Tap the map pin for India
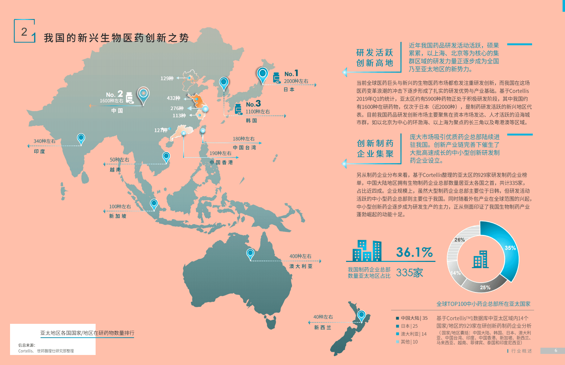[81, 138]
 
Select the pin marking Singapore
[154, 204]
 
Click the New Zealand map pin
[361, 316]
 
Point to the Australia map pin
[250, 254]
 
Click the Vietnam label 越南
[115, 170]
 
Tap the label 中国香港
[221, 162]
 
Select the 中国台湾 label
[244, 147]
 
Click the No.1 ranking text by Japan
[291, 74]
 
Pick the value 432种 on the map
[173, 98]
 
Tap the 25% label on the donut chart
[485, 288]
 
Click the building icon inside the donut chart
[480, 259]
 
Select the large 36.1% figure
[414, 252]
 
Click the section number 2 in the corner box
[24, 32]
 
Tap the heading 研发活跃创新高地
[374, 58]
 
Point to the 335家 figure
[409, 273]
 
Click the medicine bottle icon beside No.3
[238, 108]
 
